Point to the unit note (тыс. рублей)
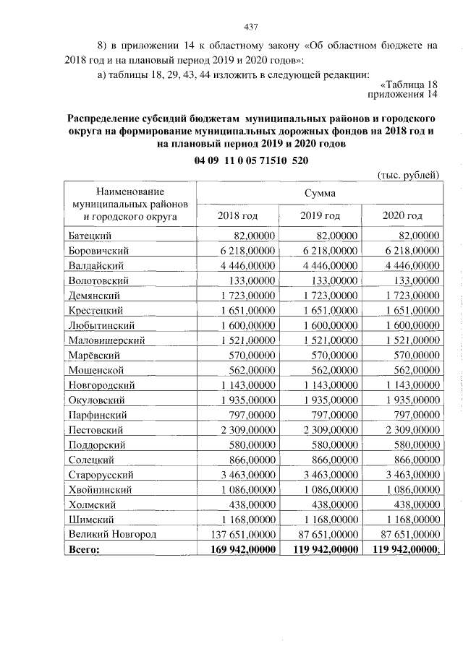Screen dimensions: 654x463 coord(408,176)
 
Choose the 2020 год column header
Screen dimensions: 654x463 coord(402,215)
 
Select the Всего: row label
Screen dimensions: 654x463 coord(83,549)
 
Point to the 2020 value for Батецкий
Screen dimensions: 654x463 coord(417,235)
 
